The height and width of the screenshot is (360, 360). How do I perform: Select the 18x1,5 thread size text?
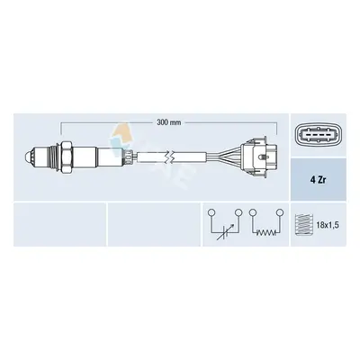328,225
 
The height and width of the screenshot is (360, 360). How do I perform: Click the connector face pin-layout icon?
318,135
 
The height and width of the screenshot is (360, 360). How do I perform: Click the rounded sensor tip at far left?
28,157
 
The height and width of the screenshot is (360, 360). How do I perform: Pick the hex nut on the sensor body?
67,157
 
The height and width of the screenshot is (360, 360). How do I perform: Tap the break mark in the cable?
171,157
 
